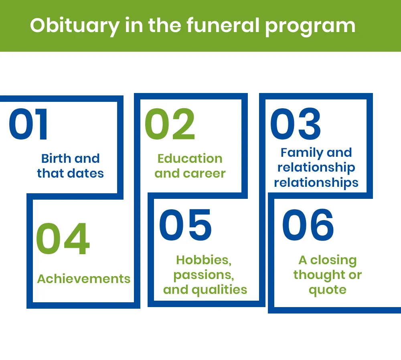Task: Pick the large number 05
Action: click(x=185, y=225)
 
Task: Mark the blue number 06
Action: click(x=308, y=225)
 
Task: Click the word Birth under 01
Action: click(x=56, y=158)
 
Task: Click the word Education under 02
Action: click(x=190, y=158)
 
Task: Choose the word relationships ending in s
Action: click(x=316, y=183)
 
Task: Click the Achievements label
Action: click(x=84, y=279)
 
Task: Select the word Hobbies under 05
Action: click(x=204, y=260)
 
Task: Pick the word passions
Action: click(x=204, y=275)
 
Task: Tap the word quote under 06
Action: click(x=327, y=290)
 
